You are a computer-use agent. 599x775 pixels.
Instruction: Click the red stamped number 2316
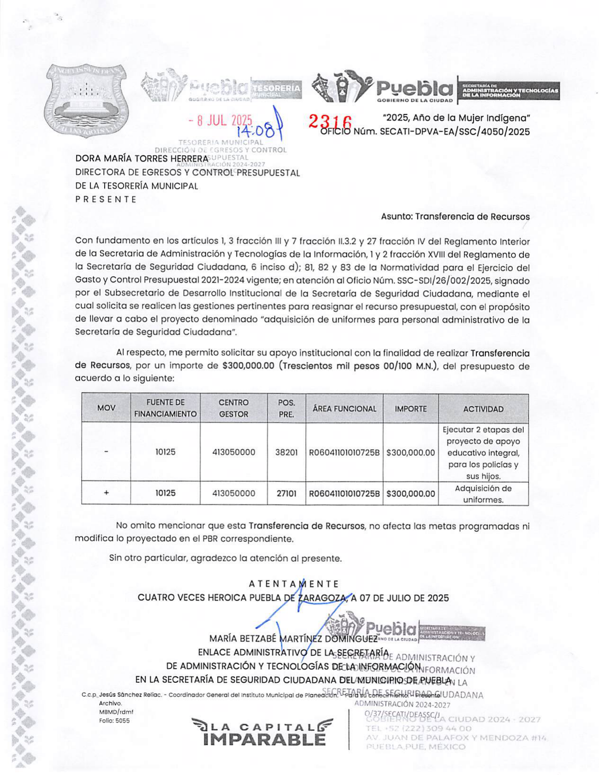[330, 122]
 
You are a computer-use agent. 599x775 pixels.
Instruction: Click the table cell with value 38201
[286, 452]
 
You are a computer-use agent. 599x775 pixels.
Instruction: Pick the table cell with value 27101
[286, 493]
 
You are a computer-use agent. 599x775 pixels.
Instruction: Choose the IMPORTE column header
[410, 409]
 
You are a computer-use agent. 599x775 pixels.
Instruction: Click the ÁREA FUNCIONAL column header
[344, 409]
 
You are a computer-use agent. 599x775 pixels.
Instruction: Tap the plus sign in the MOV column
[106, 493]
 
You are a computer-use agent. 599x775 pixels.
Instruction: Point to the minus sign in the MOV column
[106, 452]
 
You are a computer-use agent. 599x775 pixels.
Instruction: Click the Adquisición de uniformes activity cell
[483, 494]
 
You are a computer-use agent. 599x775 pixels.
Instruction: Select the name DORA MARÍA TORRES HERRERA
[141, 158]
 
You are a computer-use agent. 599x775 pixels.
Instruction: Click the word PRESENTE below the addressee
[106, 199]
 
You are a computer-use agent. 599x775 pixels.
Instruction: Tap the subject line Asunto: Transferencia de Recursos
[455, 217]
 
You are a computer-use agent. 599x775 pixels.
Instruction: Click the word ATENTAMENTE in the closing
[294, 584]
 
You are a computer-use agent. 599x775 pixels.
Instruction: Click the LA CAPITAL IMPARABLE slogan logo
[262, 732]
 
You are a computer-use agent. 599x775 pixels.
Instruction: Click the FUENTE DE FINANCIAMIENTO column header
[165, 408]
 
